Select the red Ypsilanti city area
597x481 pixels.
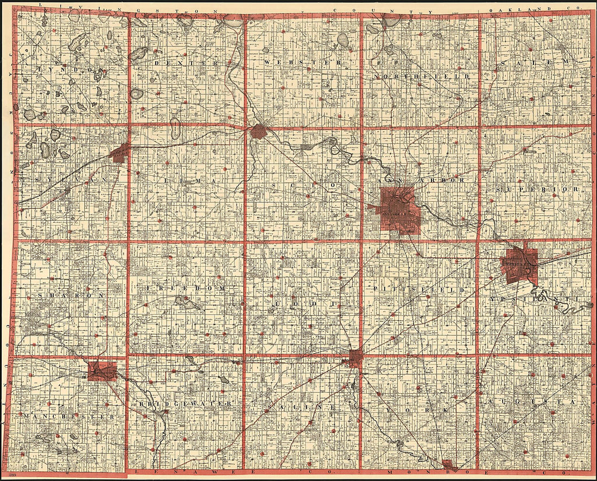coord(520,266)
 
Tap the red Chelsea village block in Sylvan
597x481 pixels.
coord(120,153)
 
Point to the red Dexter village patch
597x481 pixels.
coord(258,131)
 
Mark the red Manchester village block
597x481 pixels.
coord(102,371)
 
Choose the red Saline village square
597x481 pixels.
coord(355,357)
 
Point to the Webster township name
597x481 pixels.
coord(303,63)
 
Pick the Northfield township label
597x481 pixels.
coord(421,77)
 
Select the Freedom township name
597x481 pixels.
coord(185,288)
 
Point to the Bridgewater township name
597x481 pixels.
coord(184,405)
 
